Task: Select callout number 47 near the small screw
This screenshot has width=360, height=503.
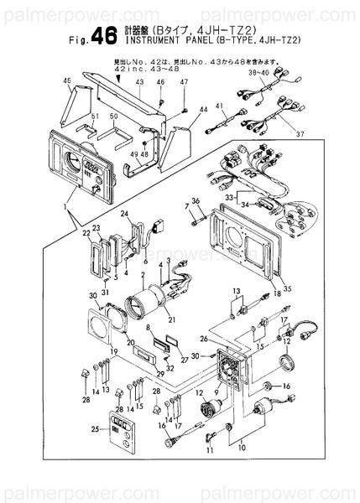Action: [x=184, y=82]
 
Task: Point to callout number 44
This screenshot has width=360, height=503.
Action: [x=203, y=110]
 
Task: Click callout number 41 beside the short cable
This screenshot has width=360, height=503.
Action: [x=220, y=107]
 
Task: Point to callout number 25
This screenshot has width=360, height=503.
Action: [x=94, y=429]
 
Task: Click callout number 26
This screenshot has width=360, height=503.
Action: [x=203, y=340]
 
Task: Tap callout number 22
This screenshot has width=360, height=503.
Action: [x=87, y=236]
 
